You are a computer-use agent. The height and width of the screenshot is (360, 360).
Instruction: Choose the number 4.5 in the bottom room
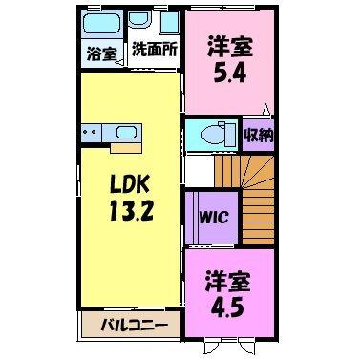227,307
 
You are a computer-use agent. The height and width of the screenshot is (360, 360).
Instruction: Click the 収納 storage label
258,133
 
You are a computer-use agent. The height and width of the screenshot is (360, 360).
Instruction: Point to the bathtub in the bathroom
102,26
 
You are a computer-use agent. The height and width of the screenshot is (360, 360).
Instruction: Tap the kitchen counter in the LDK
111,131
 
